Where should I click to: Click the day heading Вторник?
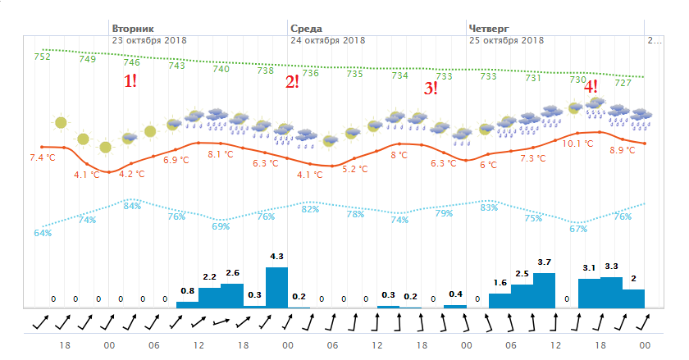pyautogui.click(x=132, y=27)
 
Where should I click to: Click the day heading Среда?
pyautogui.click(x=306, y=27)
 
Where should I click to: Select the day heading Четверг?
pyautogui.click(x=488, y=27)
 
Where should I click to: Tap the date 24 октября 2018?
pyautogui.click(x=327, y=39)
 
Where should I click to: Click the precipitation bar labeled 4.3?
pyautogui.click(x=276, y=288)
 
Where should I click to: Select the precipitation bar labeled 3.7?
pyautogui.click(x=544, y=290)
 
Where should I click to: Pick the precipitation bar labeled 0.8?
pyautogui.click(x=187, y=304)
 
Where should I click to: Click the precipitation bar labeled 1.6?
pyautogui.click(x=500, y=300)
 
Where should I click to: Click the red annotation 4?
pyautogui.click(x=590, y=84)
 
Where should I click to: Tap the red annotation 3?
pyautogui.click(x=430, y=89)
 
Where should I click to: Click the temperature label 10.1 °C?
pyautogui.click(x=577, y=144)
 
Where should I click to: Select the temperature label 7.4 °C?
pyautogui.click(x=43, y=157)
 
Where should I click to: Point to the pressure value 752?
pyautogui.click(x=42, y=57)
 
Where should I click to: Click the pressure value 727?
pyautogui.click(x=623, y=83)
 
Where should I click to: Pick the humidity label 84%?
pyautogui.click(x=131, y=206)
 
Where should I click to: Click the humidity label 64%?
pyautogui.click(x=43, y=233)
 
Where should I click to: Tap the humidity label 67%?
pyautogui.click(x=578, y=229)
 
